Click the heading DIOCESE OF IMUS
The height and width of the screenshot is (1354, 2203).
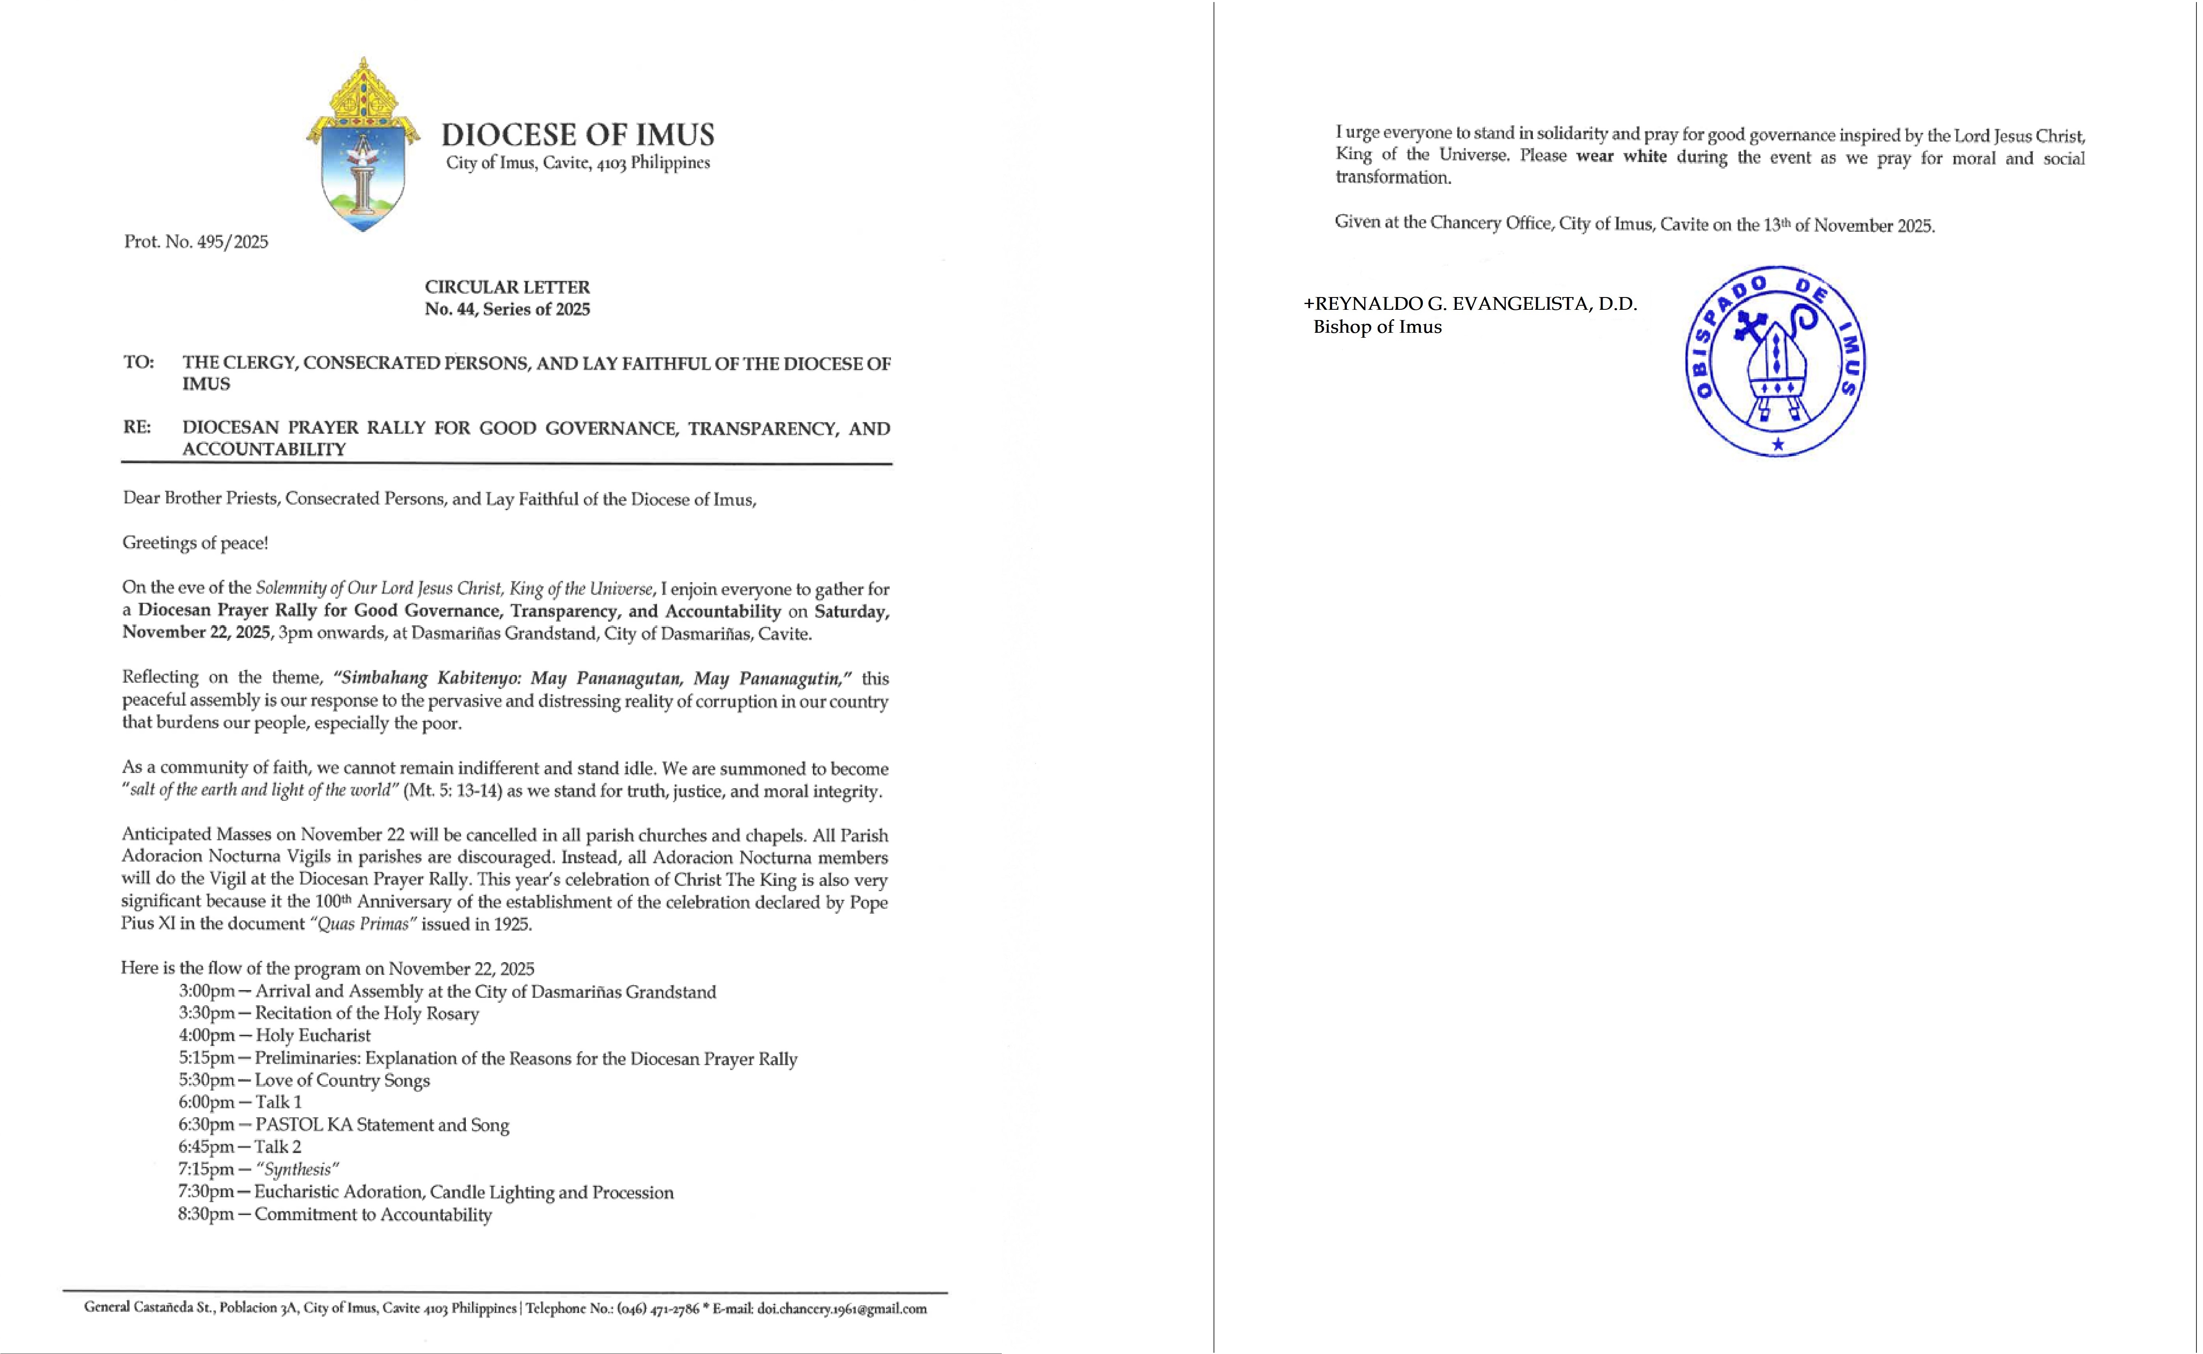tap(577, 135)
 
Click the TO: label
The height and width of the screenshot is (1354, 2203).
tap(139, 363)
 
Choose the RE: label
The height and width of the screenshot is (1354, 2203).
tap(137, 427)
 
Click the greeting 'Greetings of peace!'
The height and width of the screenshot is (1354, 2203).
tap(195, 543)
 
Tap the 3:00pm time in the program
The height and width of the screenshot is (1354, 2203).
tap(206, 991)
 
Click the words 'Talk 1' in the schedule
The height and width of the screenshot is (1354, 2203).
tap(279, 1102)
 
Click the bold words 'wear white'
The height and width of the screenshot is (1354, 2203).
tap(1621, 157)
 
